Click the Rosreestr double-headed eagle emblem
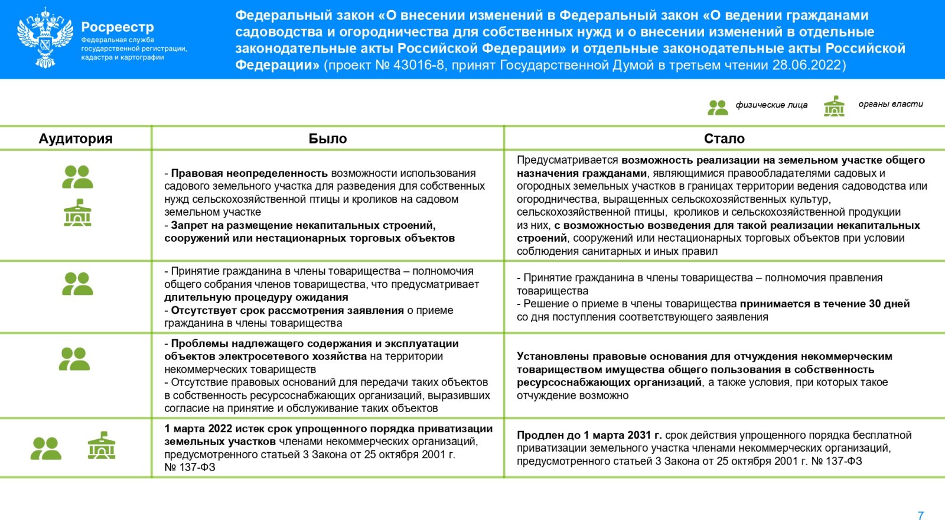pyautogui.click(x=45, y=38)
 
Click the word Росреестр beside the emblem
pyautogui.click(x=118, y=27)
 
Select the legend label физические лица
pyautogui.click(x=771, y=105)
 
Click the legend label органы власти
pyautogui.click(x=890, y=104)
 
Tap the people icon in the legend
pyautogui.click(x=718, y=107)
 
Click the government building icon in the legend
pyautogui.click(x=834, y=106)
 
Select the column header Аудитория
pyautogui.click(x=76, y=138)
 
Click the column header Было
pyautogui.click(x=328, y=138)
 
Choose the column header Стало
pyautogui.click(x=724, y=138)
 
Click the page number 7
pyautogui.click(x=920, y=516)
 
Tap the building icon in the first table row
pyautogui.click(x=77, y=213)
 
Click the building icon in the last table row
pyautogui.click(x=102, y=446)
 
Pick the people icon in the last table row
pyautogui.click(x=46, y=448)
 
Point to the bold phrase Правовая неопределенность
pyautogui.click(x=249, y=173)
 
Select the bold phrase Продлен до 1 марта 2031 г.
pyautogui.click(x=589, y=435)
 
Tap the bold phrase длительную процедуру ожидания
pyautogui.click(x=256, y=297)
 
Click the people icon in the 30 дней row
pyautogui.click(x=77, y=284)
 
